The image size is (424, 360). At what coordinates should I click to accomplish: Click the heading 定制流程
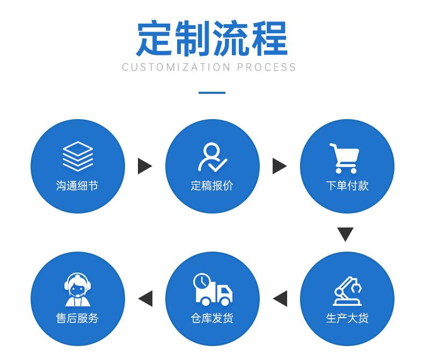pos(212,38)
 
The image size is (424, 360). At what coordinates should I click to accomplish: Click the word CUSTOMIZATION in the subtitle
pos(176,67)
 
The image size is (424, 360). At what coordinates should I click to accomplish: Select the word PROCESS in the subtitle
pos(266,67)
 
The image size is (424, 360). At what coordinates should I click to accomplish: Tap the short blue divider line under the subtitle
pos(212,93)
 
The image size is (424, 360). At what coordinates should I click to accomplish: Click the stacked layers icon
pos(78,156)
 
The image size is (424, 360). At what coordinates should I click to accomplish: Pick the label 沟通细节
pos(77,186)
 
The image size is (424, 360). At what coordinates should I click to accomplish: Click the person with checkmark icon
pos(213,157)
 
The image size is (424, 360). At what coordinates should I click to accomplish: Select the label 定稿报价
pos(212,186)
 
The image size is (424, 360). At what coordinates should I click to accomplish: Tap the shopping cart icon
pos(345,158)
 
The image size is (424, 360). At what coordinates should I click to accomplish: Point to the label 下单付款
pos(347,186)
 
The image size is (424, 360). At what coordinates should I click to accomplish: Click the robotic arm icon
pos(347,291)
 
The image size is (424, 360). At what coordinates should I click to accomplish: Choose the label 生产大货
pos(347,318)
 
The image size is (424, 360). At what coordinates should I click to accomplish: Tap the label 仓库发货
pos(212,318)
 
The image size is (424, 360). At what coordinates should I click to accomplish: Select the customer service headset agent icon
pos(78,290)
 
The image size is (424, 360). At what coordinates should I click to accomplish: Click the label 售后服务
pos(77,318)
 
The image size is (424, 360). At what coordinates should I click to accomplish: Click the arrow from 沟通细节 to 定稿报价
pos(145,166)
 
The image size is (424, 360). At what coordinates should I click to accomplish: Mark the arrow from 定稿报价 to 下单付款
pos(280,166)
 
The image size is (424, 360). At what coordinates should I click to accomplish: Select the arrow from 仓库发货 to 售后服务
pos(145,299)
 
